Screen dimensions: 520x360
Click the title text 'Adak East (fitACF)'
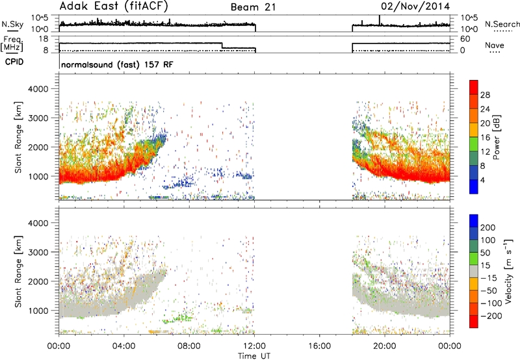click(x=114, y=6)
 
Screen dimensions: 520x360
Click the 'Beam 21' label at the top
click(x=253, y=7)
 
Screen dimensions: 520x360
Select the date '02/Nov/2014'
click(x=415, y=6)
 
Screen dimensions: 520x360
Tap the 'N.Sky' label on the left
click(x=12, y=24)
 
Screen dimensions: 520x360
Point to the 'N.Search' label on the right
click(x=502, y=24)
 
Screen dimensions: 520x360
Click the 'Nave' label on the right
click(x=495, y=45)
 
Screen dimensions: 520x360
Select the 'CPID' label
click(x=14, y=62)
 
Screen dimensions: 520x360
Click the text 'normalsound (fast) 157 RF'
click(x=117, y=64)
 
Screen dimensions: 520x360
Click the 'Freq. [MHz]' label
click(x=12, y=44)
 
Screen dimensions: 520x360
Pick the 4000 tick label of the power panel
click(x=38, y=89)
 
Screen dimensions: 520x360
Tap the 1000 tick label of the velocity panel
click(x=38, y=311)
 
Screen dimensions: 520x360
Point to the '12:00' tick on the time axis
click(x=254, y=346)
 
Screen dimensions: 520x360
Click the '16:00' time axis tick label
click(x=319, y=346)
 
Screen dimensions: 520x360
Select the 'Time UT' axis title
click(x=254, y=356)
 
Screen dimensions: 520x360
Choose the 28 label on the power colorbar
click(x=485, y=95)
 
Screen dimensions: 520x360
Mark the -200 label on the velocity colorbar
click(x=491, y=316)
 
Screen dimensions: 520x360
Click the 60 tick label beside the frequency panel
click(x=465, y=39)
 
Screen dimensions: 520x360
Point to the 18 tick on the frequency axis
click(x=43, y=39)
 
